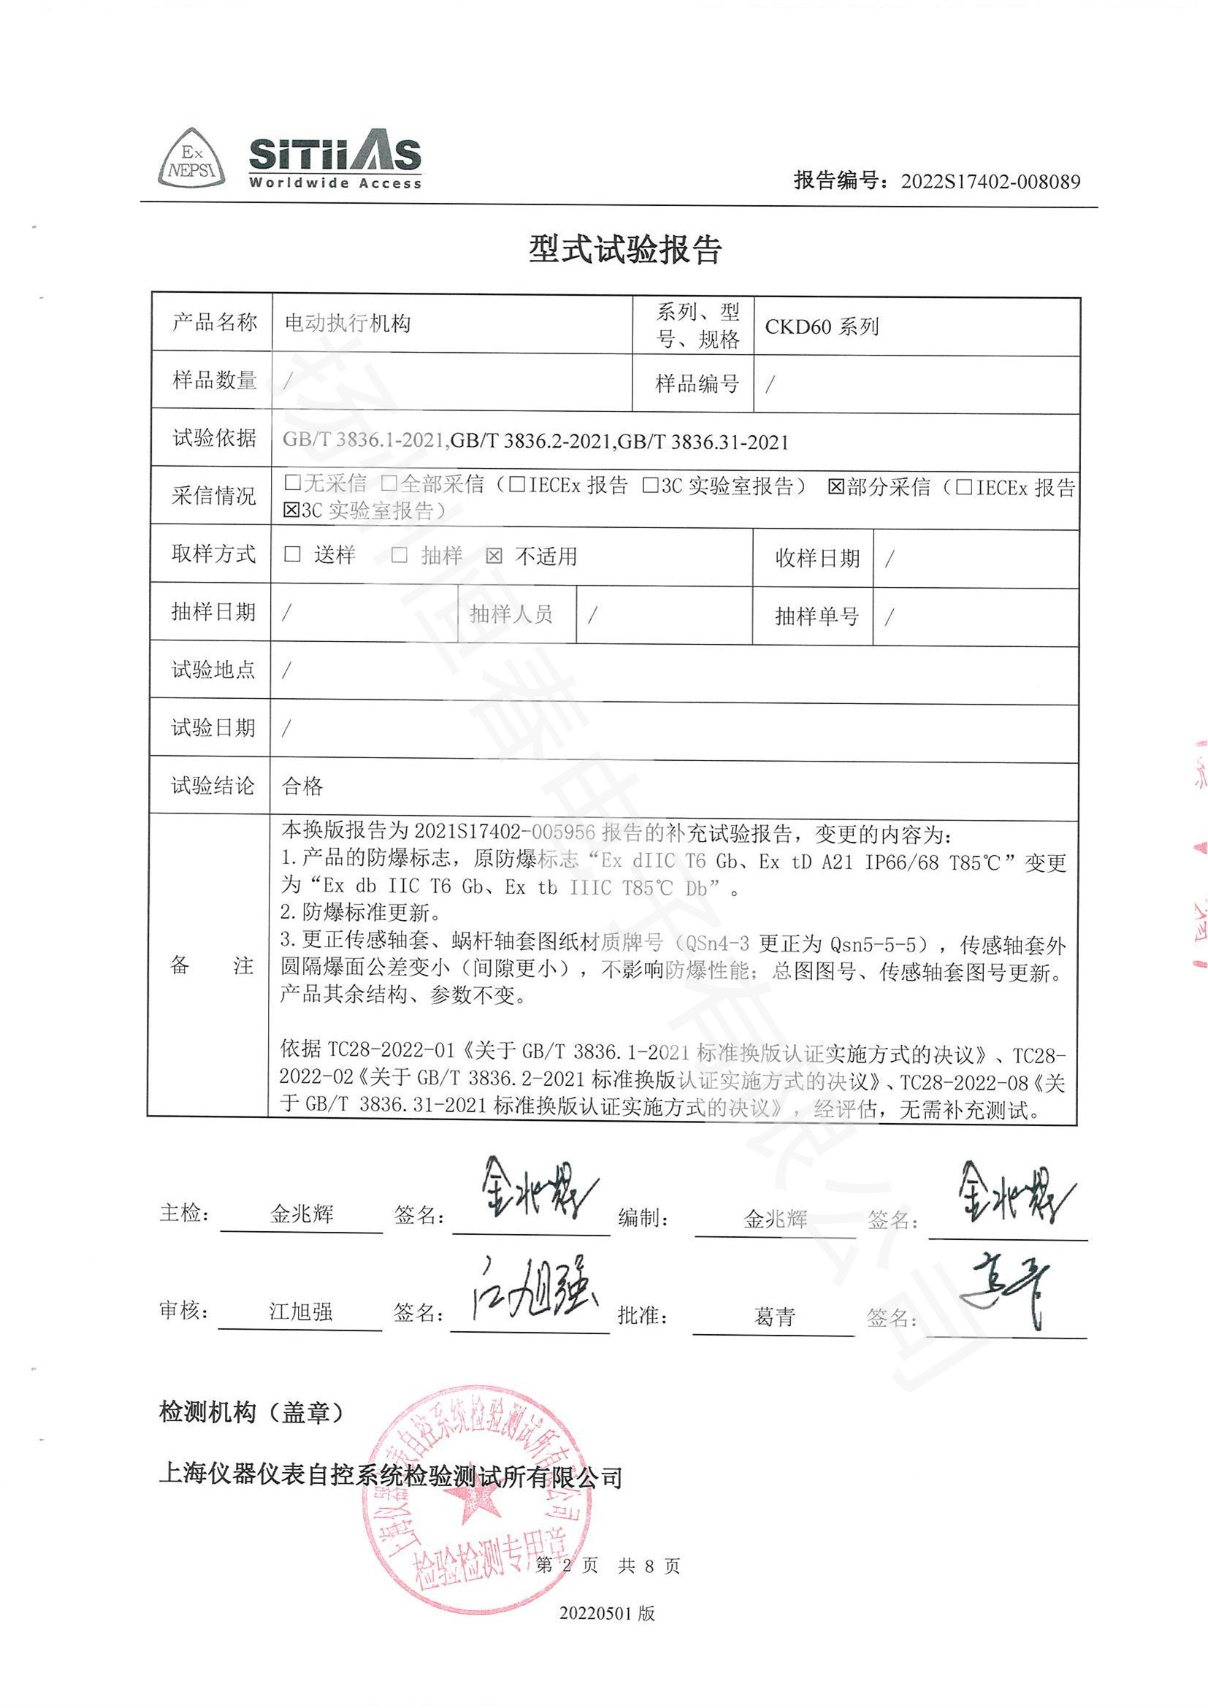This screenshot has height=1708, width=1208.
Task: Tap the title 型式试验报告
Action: click(x=625, y=250)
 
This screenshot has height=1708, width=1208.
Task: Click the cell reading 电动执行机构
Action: click(x=348, y=323)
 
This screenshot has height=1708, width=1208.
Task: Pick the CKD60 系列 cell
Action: click(x=821, y=326)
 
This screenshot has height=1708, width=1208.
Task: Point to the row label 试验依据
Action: click(x=214, y=438)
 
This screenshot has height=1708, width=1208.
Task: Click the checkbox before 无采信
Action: click(x=292, y=483)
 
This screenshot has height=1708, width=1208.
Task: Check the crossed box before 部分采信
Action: click(x=836, y=487)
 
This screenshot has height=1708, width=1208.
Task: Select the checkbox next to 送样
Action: click(x=292, y=554)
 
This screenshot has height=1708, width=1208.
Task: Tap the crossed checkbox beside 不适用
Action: click(x=494, y=556)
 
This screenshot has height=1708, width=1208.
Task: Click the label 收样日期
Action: click(x=817, y=559)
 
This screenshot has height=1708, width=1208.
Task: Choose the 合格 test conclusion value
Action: click(x=303, y=786)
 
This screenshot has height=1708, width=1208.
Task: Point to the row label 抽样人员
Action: click(x=511, y=614)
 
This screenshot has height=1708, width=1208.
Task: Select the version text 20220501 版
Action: click(x=607, y=1614)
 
